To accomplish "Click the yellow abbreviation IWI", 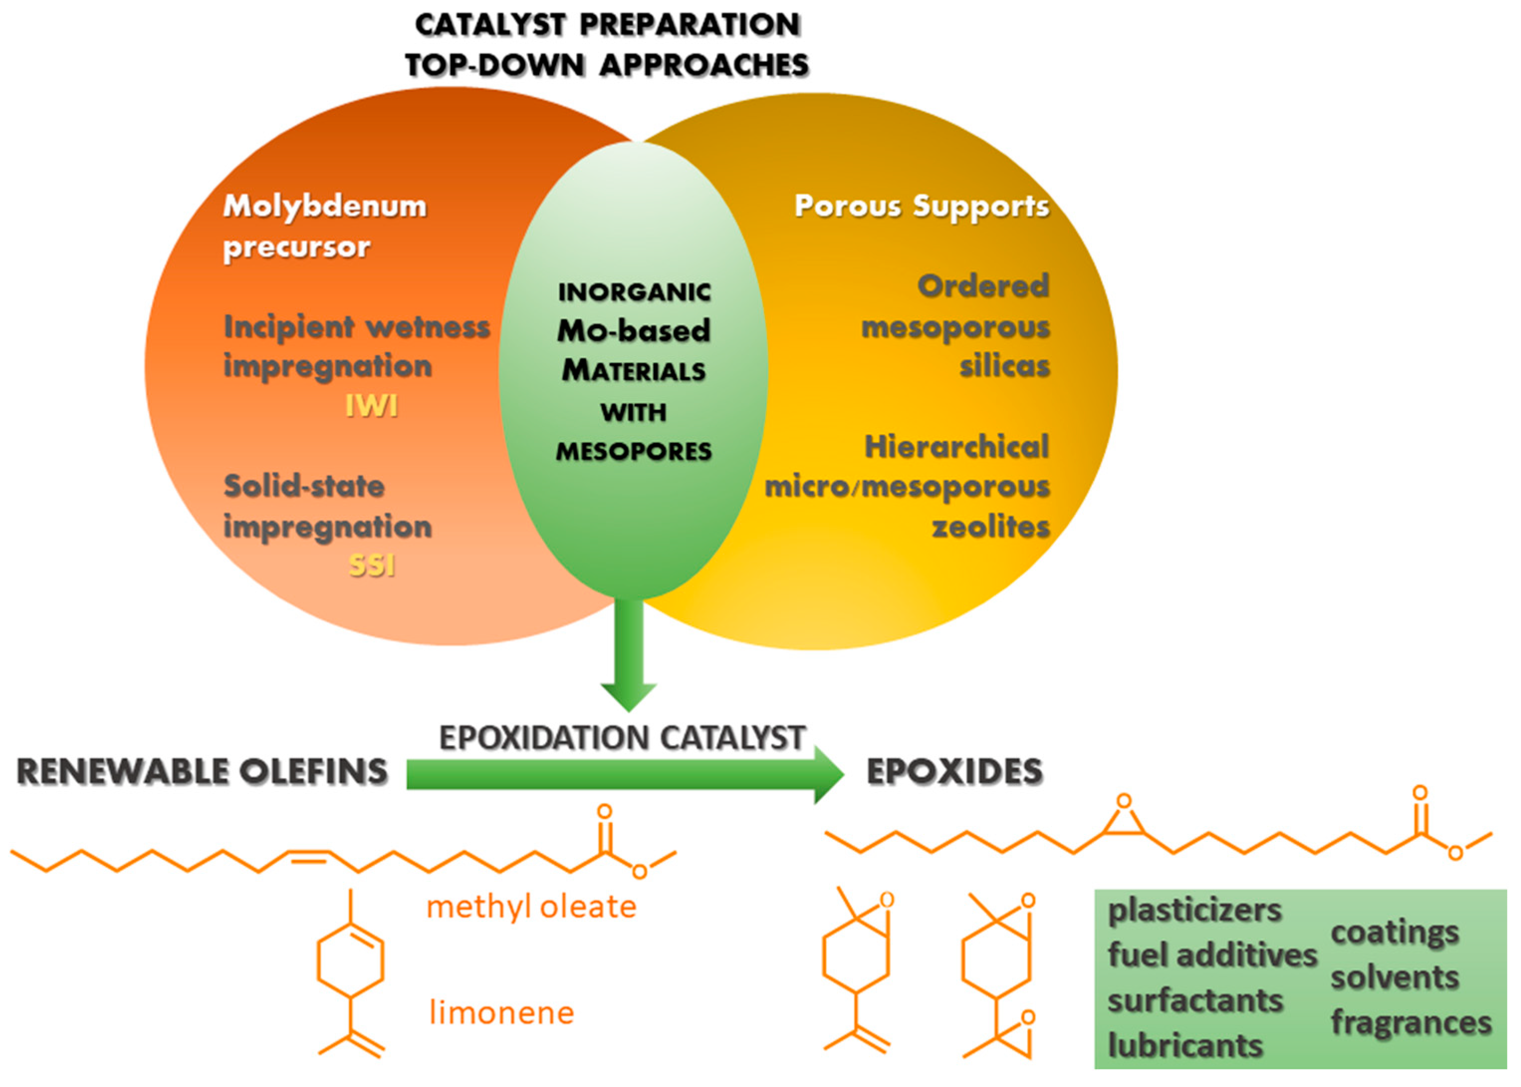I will coord(371,406).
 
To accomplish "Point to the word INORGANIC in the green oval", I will coord(634,292).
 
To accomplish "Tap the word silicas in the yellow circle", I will coord(1005,367).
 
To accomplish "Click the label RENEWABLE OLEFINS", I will coord(202,771).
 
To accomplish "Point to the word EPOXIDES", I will coord(954,771).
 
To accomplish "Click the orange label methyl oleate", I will coord(531,908).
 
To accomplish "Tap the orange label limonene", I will coord(502,1013).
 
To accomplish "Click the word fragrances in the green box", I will coord(1411,1022).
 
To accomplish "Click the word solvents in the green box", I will coord(1395,977).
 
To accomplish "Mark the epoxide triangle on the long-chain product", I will coord(1124,822).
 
